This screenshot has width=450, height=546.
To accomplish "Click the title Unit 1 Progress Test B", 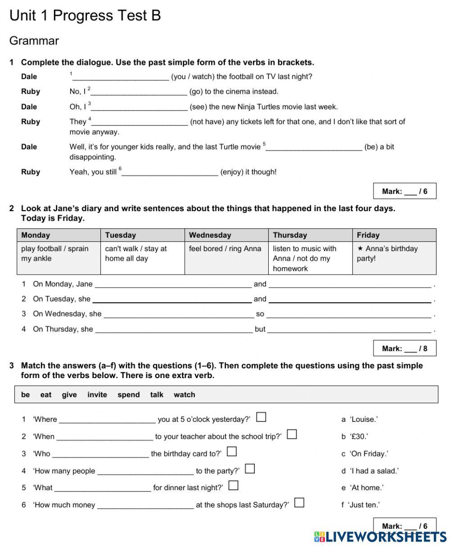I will tap(85, 16).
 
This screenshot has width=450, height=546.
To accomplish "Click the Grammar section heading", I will tap(34, 41).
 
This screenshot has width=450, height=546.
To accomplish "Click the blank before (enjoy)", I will tap(170, 172).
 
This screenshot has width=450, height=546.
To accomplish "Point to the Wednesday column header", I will tap(210, 235).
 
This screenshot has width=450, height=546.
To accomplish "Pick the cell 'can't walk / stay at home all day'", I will tap(136, 253).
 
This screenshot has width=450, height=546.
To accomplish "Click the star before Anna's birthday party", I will tap(360, 248).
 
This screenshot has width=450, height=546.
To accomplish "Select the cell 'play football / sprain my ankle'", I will tap(55, 253).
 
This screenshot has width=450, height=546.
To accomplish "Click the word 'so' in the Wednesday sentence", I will tap(260, 314).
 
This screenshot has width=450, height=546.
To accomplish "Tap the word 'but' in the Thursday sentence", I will tap(260, 329).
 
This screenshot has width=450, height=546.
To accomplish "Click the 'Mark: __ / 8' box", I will tap(405, 348).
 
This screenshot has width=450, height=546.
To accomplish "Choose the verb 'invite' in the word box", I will tap(97, 395).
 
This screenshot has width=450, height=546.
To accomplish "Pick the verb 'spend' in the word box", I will tap(129, 395).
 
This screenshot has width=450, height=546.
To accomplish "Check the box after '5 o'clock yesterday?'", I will tap(261, 417).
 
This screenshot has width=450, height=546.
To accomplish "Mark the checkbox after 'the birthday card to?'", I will tap(232, 451).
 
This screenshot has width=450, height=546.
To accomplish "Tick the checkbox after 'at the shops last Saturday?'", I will tap(299, 503).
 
